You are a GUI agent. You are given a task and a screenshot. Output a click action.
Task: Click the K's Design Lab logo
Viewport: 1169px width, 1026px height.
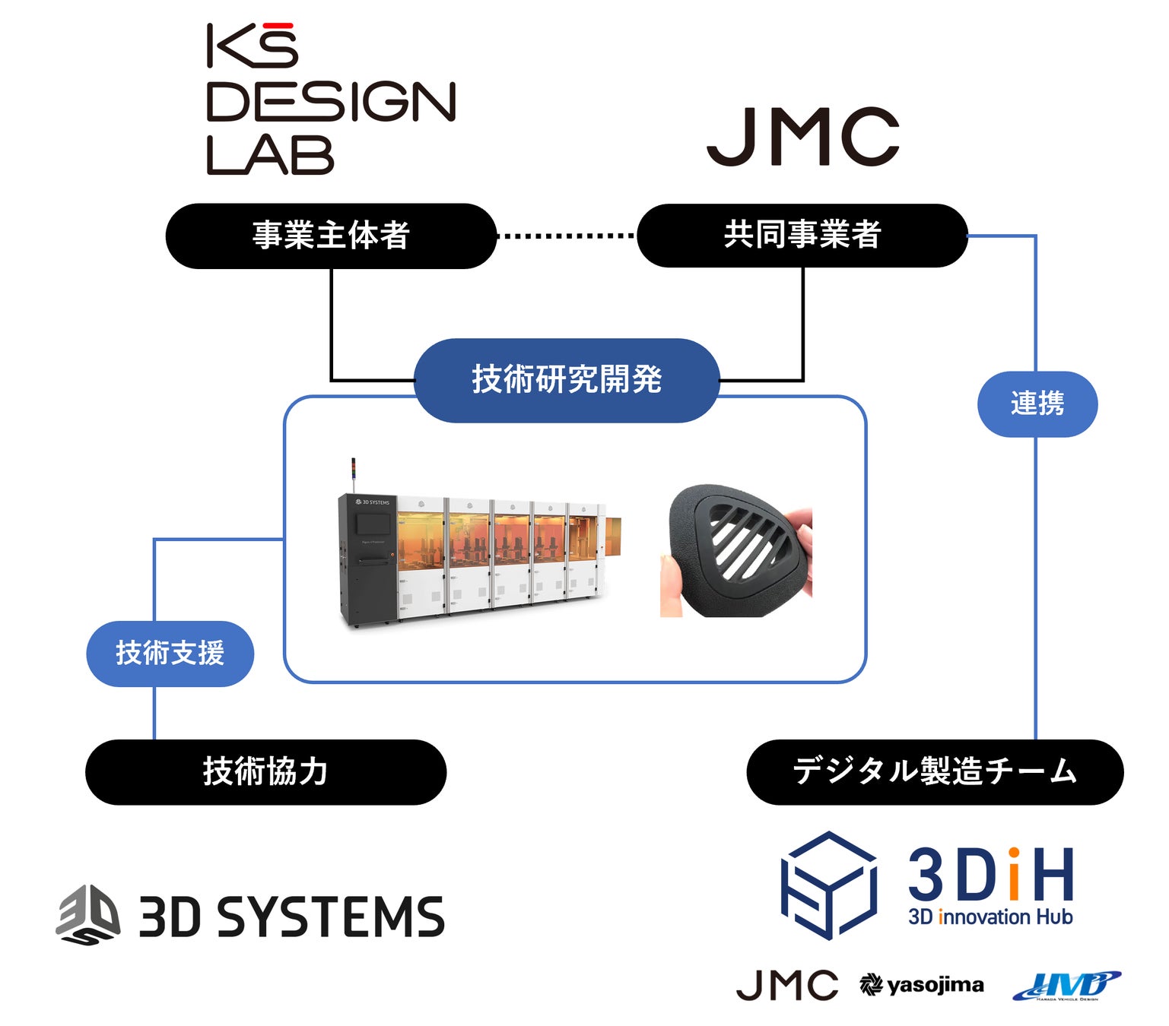coord(331,99)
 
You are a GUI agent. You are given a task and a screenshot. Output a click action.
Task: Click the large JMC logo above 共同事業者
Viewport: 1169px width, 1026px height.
coord(802,137)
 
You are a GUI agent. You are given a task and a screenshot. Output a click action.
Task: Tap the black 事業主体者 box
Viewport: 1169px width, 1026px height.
coord(331,236)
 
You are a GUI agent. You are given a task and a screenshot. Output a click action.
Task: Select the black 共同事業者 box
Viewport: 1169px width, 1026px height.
coord(802,236)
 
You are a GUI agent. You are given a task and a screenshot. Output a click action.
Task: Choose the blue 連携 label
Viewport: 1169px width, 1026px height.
coord(1037,404)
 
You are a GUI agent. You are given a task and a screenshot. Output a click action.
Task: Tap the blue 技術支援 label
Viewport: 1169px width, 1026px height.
coord(170,654)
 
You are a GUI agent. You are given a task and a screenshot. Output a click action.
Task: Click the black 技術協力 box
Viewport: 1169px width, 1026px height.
coord(265,772)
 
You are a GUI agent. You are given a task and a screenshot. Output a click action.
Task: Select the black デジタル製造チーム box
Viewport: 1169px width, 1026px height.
coord(935,772)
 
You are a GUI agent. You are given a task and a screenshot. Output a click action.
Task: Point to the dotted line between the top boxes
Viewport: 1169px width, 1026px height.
coord(567,236)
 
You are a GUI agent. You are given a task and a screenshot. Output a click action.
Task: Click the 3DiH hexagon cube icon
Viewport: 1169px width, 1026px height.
coord(829,885)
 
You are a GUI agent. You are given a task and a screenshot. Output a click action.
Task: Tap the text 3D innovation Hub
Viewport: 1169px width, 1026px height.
coord(990,917)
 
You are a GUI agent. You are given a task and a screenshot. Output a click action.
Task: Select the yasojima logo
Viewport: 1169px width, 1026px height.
coord(922,986)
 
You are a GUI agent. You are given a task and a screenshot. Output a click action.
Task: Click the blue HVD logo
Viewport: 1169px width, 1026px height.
coord(1066,986)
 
